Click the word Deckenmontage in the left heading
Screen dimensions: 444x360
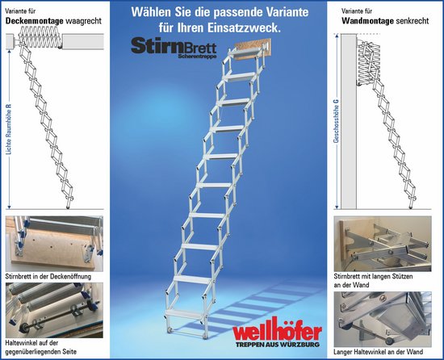coord(34,21)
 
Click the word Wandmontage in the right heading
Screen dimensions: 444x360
coord(367,21)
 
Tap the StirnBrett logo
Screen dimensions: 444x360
coord(174,48)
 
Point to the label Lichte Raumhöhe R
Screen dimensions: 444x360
coord(10,129)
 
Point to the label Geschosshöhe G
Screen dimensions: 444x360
coord(337,121)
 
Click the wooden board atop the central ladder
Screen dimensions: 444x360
coord(253,49)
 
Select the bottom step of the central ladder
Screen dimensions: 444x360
coord(185,313)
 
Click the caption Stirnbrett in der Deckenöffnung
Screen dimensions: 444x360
coord(48,276)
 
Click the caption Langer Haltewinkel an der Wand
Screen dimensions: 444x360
coord(379,352)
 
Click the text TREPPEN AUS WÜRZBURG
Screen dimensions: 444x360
coord(278,345)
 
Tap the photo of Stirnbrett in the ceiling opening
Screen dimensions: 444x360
coord(54,244)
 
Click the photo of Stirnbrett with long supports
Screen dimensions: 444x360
coord(383,244)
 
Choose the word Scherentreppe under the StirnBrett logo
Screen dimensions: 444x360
coord(197,56)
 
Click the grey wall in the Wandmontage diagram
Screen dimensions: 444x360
coord(349,121)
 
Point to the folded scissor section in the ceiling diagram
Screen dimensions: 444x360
coord(40,36)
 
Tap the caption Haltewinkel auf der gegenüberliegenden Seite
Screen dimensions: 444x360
coord(41,347)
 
